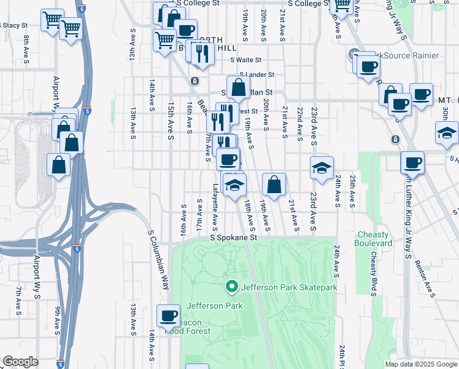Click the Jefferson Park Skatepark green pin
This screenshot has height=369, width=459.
232,287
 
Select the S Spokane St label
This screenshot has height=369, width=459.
232,237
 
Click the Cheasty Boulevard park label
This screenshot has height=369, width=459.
372,239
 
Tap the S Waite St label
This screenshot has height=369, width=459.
246,60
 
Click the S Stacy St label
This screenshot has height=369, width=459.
13,26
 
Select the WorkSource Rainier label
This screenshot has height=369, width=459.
403,55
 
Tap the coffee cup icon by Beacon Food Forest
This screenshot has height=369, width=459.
168,316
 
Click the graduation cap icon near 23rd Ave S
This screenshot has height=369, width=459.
322,168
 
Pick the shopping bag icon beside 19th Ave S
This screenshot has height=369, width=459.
274,184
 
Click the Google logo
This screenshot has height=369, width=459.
20,361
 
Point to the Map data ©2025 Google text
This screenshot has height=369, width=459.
420,363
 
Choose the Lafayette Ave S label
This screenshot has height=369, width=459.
215,204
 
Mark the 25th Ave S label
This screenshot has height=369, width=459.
353,191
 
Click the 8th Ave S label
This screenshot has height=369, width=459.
26,47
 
